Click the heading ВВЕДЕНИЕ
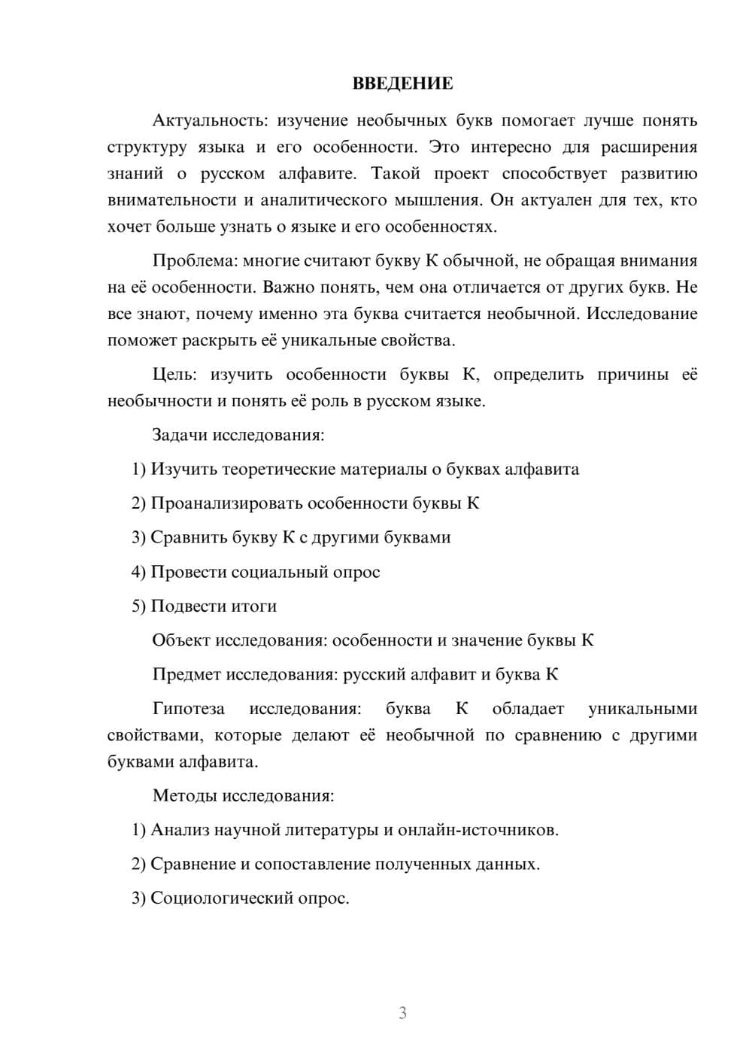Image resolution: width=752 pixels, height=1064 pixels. (x=402, y=84)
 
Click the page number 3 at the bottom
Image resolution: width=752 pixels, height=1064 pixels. (x=402, y=1013)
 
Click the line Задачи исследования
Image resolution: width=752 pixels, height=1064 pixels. (x=238, y=435)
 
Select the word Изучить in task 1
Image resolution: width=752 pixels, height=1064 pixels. (x=180, y=470)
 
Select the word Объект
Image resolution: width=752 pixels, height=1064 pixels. (x=181, y=640)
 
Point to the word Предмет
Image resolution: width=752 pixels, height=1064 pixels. (x=186, y=674)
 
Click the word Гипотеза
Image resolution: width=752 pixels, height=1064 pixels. (x=188, y=709)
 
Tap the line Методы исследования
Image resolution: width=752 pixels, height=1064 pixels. (x=243, y=795)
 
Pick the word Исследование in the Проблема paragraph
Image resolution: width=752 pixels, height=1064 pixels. (x=641, y=314)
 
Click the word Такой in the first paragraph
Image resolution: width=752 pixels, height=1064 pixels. (x=394, y=174)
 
